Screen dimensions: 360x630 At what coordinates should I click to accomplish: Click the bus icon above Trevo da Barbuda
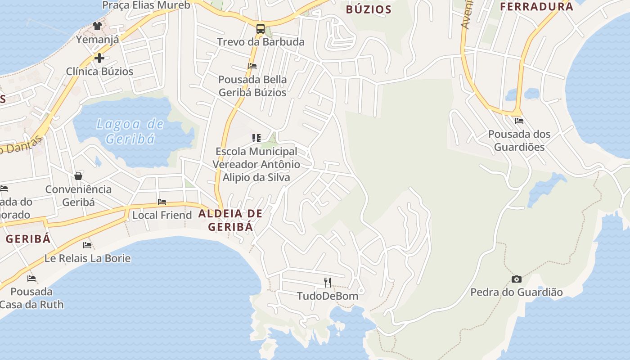click(x=260, y=29)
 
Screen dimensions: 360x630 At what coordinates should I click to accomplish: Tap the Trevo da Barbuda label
click(x=261, y=42)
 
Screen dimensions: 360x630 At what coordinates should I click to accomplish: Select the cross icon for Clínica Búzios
click(x=99, y=58)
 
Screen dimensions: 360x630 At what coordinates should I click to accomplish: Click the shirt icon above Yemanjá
click(x=97, y=26)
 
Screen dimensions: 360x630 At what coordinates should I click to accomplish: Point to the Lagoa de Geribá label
click(x=130, y=131)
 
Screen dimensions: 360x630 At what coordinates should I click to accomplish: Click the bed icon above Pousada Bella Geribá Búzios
click(x=252, y=66)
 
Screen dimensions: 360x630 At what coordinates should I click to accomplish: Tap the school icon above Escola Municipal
click(x=256, y=138)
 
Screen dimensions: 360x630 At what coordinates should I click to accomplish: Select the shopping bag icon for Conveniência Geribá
click(x=78, y=175)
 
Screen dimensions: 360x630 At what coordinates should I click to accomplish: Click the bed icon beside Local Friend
click(x=162, y=202)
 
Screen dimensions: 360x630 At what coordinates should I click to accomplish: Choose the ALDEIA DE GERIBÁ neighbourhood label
click(x=230, y=220)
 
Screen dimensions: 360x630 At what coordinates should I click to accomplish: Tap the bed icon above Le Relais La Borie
click(x=87, y=245)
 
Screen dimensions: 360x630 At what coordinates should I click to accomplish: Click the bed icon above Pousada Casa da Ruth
click(x=31, y=279)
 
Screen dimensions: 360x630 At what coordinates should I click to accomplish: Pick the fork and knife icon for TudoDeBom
click(x=328, y=283)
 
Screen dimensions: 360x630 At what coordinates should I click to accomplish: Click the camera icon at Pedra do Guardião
click(x=517, y=279)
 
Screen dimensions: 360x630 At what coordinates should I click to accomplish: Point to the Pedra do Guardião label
click(x=517, y=292)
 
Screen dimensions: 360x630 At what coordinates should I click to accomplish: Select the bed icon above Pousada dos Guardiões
click(x=519, y=121)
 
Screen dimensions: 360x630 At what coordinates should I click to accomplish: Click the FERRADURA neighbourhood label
click(x=536, y=7)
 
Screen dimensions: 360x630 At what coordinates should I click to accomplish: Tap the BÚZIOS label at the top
click(x=369, y=9)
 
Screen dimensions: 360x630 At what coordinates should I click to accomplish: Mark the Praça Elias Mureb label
click(x=146, y=5)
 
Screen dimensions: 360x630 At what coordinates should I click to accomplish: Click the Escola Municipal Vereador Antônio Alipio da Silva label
click(x=256, y=164)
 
